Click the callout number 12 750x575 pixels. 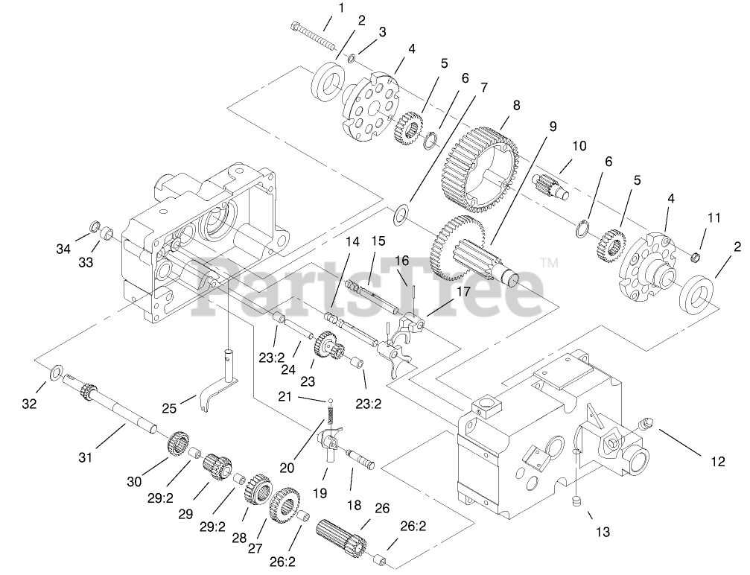(717, 462)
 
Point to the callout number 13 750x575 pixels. (602, 532)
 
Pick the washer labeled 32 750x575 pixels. (55, 372)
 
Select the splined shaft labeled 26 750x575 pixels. (342, 536)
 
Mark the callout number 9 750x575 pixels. (553, 127)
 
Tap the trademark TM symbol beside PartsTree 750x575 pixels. (549, 263)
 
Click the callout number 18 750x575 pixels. (355, 505)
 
